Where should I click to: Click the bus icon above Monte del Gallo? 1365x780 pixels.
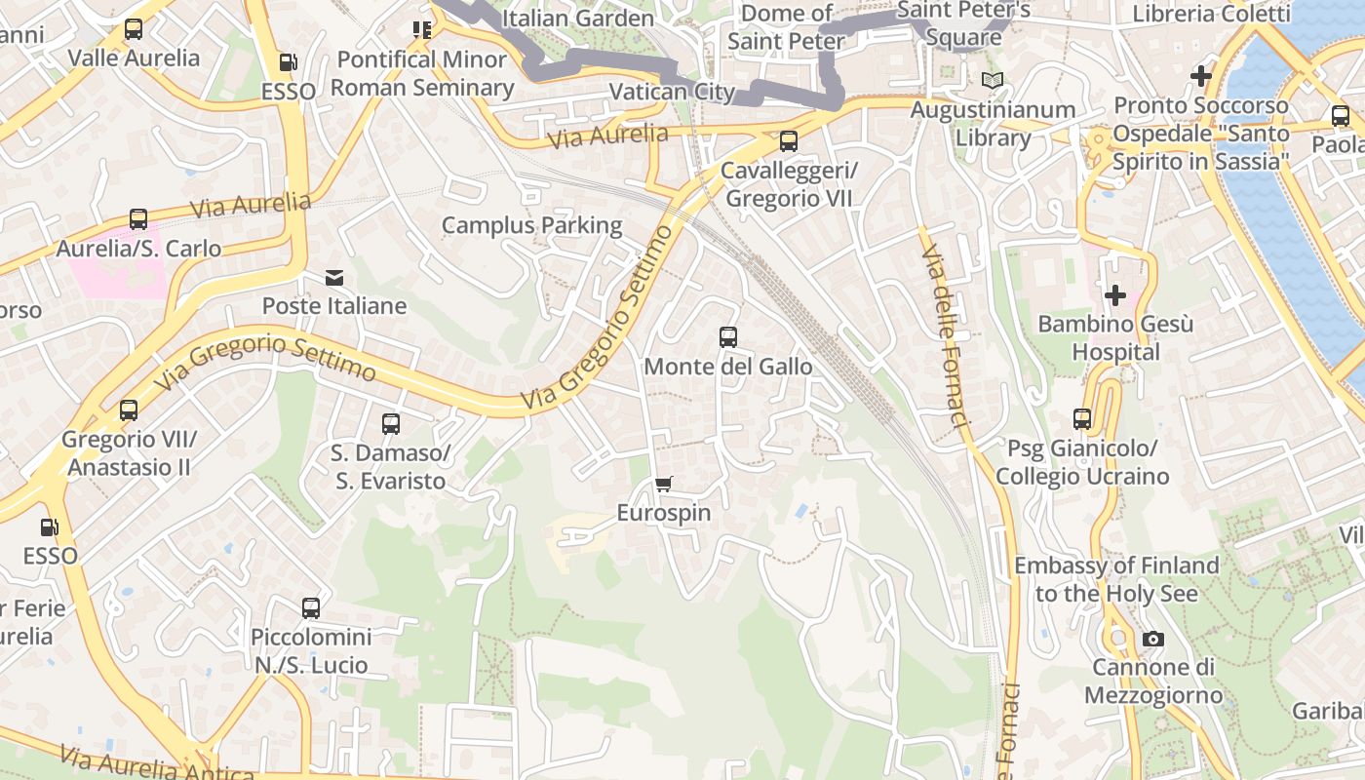(x=727, y=337)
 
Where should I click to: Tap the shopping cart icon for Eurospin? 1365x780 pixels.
(x=664, y=484)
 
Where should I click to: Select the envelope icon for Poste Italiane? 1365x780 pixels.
(x=334, y=278)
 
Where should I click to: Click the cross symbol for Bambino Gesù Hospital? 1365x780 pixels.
(x=1115, y=294)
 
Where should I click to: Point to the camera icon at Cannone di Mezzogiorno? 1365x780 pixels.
(x=1153, y=639)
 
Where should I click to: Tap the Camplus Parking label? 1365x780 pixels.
(x=531, y=225)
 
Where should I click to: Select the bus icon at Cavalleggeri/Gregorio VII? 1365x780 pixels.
(x=788, y=141)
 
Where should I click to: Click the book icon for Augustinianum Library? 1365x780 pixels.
(x=993, y=81)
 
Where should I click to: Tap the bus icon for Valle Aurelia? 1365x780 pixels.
(x=134, y=29)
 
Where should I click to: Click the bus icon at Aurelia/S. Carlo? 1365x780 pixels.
(x=138, y=219)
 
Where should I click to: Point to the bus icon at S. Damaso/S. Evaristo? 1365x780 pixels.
(x=391, y=424)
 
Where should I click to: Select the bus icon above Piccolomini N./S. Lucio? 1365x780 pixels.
(x=311, y=608)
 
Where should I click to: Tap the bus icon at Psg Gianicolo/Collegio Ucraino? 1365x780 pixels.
(x=1082, y=419)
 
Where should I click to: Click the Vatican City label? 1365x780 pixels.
(x=672, y=92)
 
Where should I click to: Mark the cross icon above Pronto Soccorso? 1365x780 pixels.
(x=1201, y=75)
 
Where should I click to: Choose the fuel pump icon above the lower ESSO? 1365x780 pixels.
(x=49, y=527)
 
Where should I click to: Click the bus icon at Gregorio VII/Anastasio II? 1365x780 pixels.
(x=129, y=410)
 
